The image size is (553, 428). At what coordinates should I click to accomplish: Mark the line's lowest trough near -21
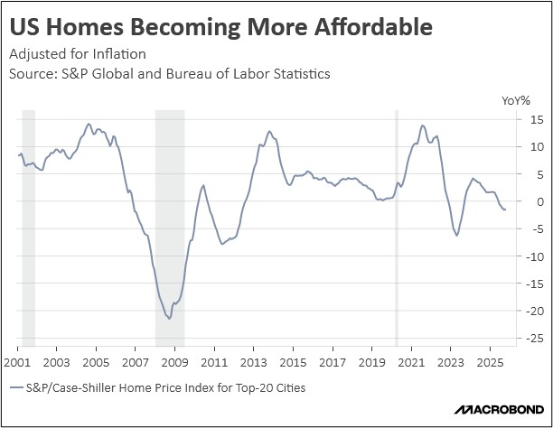[169, 318]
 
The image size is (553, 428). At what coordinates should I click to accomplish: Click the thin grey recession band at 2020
[397, 226]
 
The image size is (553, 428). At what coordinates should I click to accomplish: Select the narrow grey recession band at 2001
[28, 226]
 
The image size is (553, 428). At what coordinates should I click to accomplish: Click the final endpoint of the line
[505, 209]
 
